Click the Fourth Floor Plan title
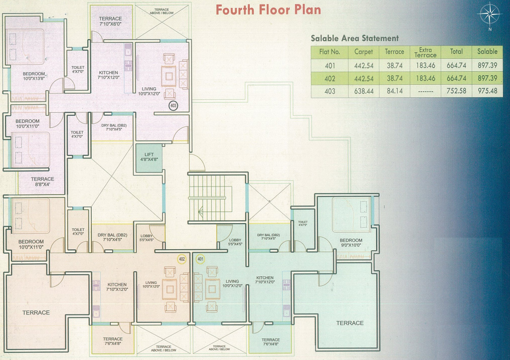point(268,10)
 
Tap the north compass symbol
point(489,15)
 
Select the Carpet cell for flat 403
point(364,91)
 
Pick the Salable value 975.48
point(487,91)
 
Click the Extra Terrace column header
point(425,52)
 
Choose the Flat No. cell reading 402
point(330,78)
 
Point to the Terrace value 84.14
point(395,91)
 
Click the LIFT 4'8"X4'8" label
point(149,157)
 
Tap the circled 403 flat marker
point(174,105)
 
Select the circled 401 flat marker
point(201,259)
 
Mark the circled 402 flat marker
point(182,259)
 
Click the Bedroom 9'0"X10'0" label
point(351,243)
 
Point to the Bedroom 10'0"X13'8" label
point(34,76)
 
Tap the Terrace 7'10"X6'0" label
point(110,21)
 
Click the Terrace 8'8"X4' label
point(43,182)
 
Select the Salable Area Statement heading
point(355,39)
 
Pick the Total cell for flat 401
point(456,65)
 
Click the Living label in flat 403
point(149,91)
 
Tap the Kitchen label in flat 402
point(117,287)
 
